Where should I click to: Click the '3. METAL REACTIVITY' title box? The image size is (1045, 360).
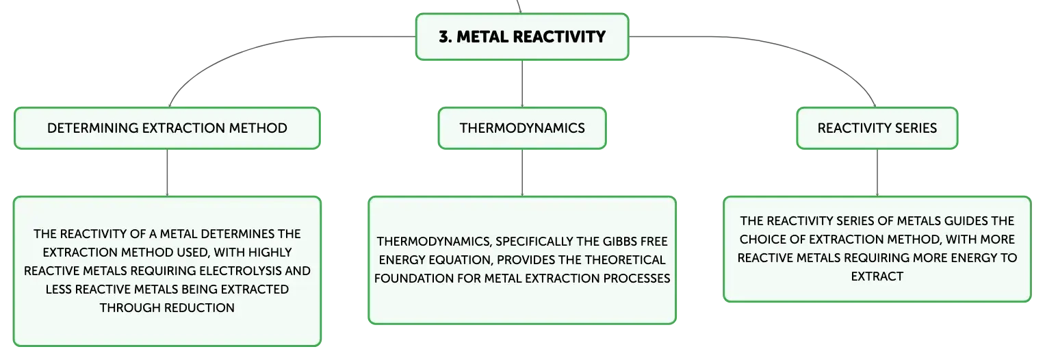pyautogui.click(x=522, y=37)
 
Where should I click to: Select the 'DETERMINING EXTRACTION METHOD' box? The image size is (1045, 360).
pyautogui.click(x=167, y=128)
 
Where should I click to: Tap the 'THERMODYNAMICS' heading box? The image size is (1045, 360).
pyautogui.click(x=522, y=128)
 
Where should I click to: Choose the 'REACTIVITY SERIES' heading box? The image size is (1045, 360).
pyautogui.click(x=877, y=128)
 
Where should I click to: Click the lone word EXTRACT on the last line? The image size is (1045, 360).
pyautogui.click(x=877, y=277)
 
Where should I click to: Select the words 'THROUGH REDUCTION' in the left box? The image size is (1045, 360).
pyautogui.click(x=167, y=308)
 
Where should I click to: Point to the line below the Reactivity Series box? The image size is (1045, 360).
pyautogui.click(x=877, y=173)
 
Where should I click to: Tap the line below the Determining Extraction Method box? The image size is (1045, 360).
pyautogui.click(x=167, y=173)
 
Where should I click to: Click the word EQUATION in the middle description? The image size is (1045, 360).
pyautogui.click(x=458, y=260)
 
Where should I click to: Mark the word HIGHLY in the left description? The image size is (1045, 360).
pyautogui.click(x=270, y=253)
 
